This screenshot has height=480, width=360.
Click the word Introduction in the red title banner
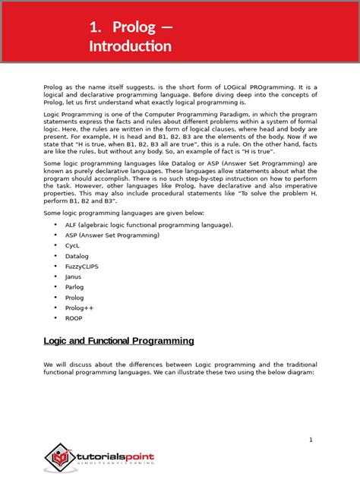(x=130, y=46)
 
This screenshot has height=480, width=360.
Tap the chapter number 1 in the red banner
(x=94, y=27)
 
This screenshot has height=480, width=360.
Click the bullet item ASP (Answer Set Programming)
(x=107, y=235)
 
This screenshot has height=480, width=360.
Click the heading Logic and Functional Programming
(x=118, y=341)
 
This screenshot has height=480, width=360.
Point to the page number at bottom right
(x=311, y=441)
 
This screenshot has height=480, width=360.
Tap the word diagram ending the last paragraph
(x=297, y=372)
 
